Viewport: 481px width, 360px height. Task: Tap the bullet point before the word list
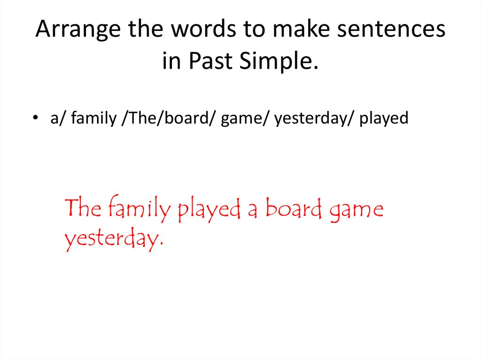(x=36, y=119)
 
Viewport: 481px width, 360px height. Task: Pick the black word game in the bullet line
(x=237, y=118)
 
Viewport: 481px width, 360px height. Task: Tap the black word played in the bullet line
(x=384, y=118)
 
